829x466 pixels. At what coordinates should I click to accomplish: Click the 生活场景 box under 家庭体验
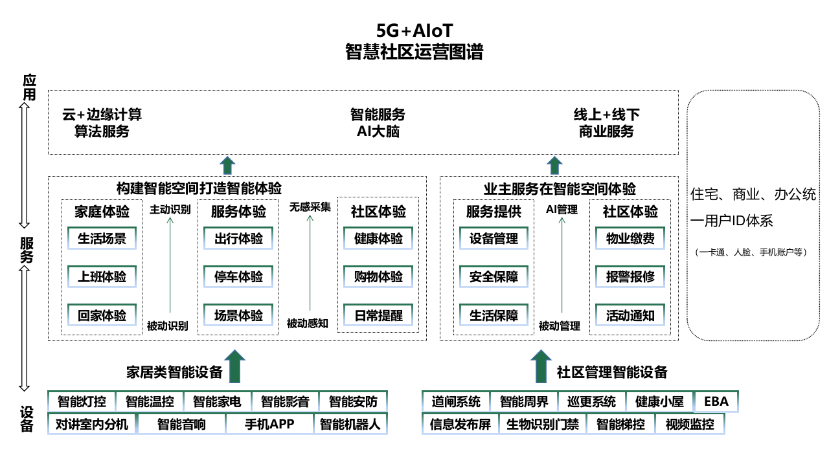coord(102,239)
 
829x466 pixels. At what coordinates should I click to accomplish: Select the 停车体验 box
coord(238,277)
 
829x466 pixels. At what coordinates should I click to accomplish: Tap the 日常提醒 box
coord(379,315)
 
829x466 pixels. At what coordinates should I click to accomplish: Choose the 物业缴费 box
coord(630,239)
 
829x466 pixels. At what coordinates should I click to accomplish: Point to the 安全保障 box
coord(494,277)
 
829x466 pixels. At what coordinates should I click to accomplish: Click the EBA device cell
coord(716,401)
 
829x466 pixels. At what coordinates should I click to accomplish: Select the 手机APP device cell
coord(269,424)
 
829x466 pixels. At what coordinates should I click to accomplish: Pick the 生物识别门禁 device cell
coord(543,424)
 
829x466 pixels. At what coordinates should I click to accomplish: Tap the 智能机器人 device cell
coord(350,424)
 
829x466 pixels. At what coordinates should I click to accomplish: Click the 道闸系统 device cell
coord(456,401)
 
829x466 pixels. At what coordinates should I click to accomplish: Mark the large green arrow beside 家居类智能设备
coord(235,367)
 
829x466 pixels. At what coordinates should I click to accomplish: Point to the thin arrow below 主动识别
coord(170,266)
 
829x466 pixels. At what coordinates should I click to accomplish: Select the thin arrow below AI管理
coord(562,266)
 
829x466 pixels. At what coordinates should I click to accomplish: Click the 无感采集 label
coord(310,207)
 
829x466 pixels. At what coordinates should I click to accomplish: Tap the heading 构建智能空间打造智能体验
coord(199,188)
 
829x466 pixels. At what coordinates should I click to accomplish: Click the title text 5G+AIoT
coord(414,30)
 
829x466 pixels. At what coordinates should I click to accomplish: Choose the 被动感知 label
coord(308,324)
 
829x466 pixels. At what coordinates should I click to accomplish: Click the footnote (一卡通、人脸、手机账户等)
coord(751,252)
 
